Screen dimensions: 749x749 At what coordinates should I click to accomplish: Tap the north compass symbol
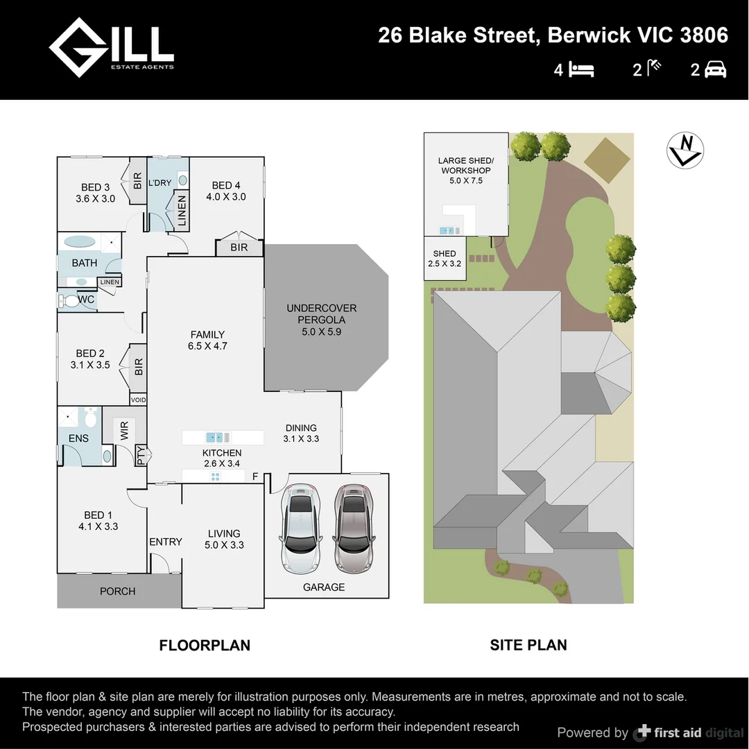(x=685, y=150)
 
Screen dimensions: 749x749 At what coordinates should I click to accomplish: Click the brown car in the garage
(x=353, y=528)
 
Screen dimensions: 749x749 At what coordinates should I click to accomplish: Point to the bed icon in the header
(x=581, y=69)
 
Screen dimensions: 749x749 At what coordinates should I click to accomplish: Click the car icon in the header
(x=715, y=69)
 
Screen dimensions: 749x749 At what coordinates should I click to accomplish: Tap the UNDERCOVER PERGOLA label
(x=321, y=320)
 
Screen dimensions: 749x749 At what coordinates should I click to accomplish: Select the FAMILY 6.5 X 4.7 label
(x=207, y=340)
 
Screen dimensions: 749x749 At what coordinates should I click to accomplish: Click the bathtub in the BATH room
(x=80, y=243)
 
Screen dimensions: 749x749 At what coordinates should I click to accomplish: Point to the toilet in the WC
(x=70, y=301)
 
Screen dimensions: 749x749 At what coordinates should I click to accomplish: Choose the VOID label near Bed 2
(x=139, y=400)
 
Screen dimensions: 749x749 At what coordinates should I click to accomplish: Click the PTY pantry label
(x=141, y=455)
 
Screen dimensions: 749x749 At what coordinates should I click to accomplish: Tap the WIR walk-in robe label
(x=125, y=431)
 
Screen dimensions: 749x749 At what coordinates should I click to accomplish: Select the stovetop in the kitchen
(x=215, y=476)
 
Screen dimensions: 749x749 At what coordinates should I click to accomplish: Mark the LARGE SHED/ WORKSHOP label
(x=465, y=170)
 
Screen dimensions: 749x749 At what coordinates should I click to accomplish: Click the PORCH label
(x=117, y=592)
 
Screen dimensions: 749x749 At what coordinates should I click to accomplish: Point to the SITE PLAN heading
(x=528, y=645)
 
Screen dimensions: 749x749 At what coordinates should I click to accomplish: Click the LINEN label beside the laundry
(x=182, y=211)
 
